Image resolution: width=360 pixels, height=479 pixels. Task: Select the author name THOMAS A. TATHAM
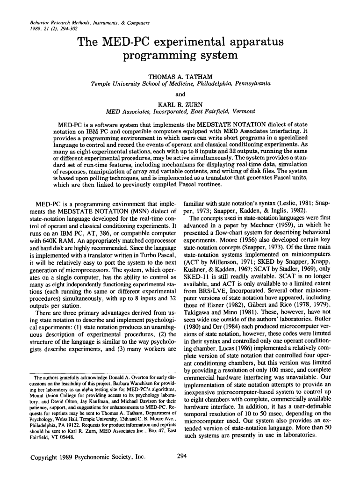coord(180,76)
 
